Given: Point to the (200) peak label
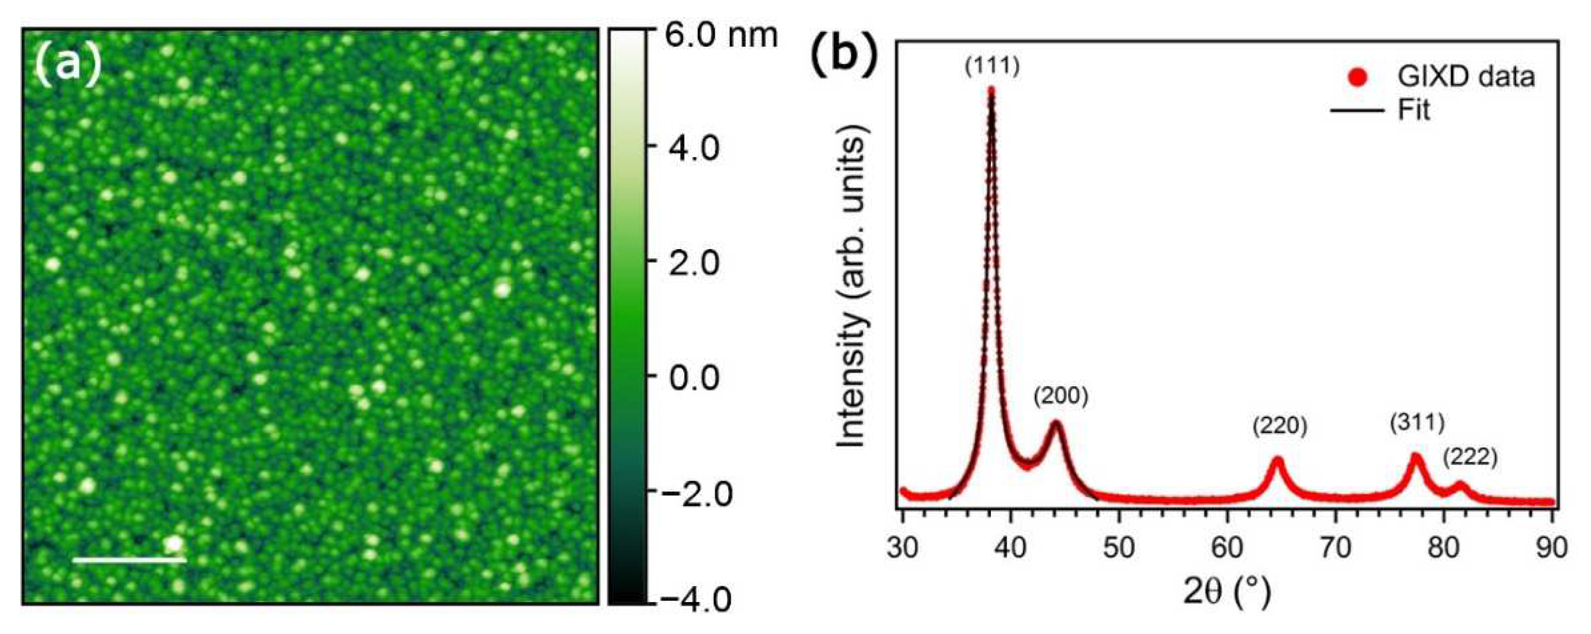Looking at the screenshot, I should click(x=1061, y=396).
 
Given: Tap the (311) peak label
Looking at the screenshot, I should click(x=1417, y=423).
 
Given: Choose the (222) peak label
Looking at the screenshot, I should click(x=1470, y=457).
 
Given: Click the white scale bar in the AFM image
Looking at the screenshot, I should click(x=129, y=560).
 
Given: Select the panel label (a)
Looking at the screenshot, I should click(x=67, y=63).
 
